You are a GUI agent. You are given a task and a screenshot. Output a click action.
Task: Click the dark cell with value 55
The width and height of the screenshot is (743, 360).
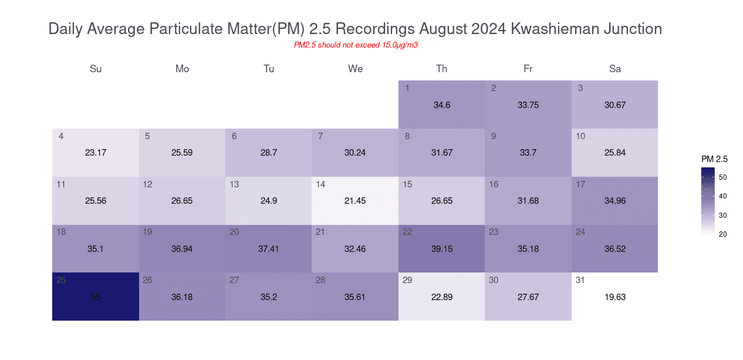pos(96,297)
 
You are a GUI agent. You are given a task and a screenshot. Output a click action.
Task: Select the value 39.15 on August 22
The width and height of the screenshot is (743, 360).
pos(442,249)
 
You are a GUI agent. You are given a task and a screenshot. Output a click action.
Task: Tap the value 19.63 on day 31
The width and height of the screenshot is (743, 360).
pos(615,297)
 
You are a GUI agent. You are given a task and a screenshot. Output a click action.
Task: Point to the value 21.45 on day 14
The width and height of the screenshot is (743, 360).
pos(355,201)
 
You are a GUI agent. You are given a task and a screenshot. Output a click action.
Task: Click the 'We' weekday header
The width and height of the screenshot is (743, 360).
pos(355,69)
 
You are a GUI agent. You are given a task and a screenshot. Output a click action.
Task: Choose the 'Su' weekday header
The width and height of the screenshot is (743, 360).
pos(96,69)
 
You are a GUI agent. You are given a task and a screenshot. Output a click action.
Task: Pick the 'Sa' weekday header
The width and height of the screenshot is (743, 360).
pos(615,69)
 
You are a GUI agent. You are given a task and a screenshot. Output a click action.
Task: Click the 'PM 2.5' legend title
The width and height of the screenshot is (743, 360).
pos(714,159)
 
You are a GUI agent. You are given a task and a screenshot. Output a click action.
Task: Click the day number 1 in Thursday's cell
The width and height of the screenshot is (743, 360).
pos(407,88)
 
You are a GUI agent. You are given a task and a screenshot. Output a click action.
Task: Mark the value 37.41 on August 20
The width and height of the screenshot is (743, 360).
pos(269,249)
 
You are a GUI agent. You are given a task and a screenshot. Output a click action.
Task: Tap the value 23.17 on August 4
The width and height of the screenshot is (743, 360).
pos(96,153)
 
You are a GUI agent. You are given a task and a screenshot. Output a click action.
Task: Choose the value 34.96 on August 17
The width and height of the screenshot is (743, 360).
pos(615,201)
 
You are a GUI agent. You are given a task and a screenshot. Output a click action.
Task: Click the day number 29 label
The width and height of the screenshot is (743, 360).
pos(407,280)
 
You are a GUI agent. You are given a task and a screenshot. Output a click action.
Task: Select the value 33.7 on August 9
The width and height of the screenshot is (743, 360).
pos(528,153)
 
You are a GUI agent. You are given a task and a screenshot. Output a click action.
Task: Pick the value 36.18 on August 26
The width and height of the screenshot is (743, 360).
pos(182,297)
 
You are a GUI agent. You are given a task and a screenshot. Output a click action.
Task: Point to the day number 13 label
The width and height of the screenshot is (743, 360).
pos(234,184)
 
